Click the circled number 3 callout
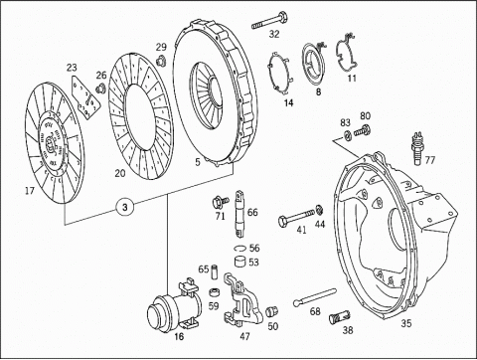tap(125, 207)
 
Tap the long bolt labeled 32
tap(269, 21)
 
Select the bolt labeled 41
tap(297, 217)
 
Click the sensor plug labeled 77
tap(416, 148)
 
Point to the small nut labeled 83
tap(347, 135)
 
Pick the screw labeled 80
tap(363, 130)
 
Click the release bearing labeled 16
tap(174, 305)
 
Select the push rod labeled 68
tap(315, 296)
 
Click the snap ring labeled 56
tap(240, 248)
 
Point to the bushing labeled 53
tap(240, 262)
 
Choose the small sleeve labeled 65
tap(214, 269)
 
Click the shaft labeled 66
tap(239, 214)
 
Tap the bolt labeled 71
tap(221, 201)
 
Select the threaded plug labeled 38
tap(340, 317)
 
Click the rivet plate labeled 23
tap(85, 97)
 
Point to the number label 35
tap(406, 323)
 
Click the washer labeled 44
tap(319, 210)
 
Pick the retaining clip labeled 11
tap(346, 52)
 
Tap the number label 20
tap(120, 173)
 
